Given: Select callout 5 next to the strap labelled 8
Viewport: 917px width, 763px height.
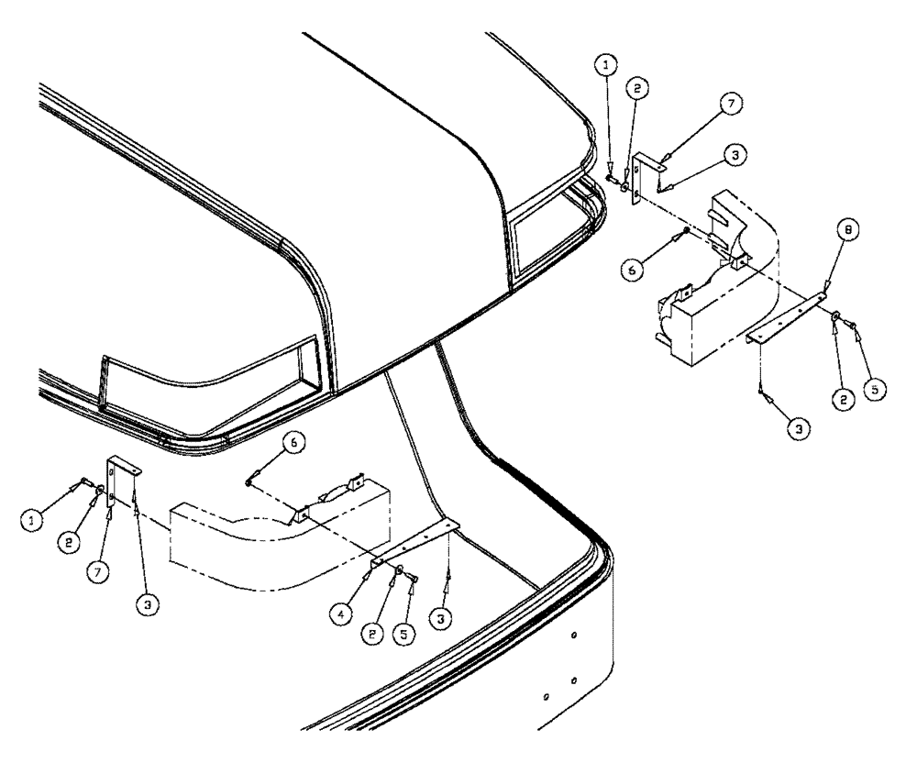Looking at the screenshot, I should (x=877, y=390).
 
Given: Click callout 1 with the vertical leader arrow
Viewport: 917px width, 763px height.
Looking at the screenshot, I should (x=608, y=65).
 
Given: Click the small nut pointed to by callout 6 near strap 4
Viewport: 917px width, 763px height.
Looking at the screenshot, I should (x=250, y=477).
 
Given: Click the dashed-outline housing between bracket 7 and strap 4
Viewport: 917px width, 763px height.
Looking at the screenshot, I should (x=275, y=541).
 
